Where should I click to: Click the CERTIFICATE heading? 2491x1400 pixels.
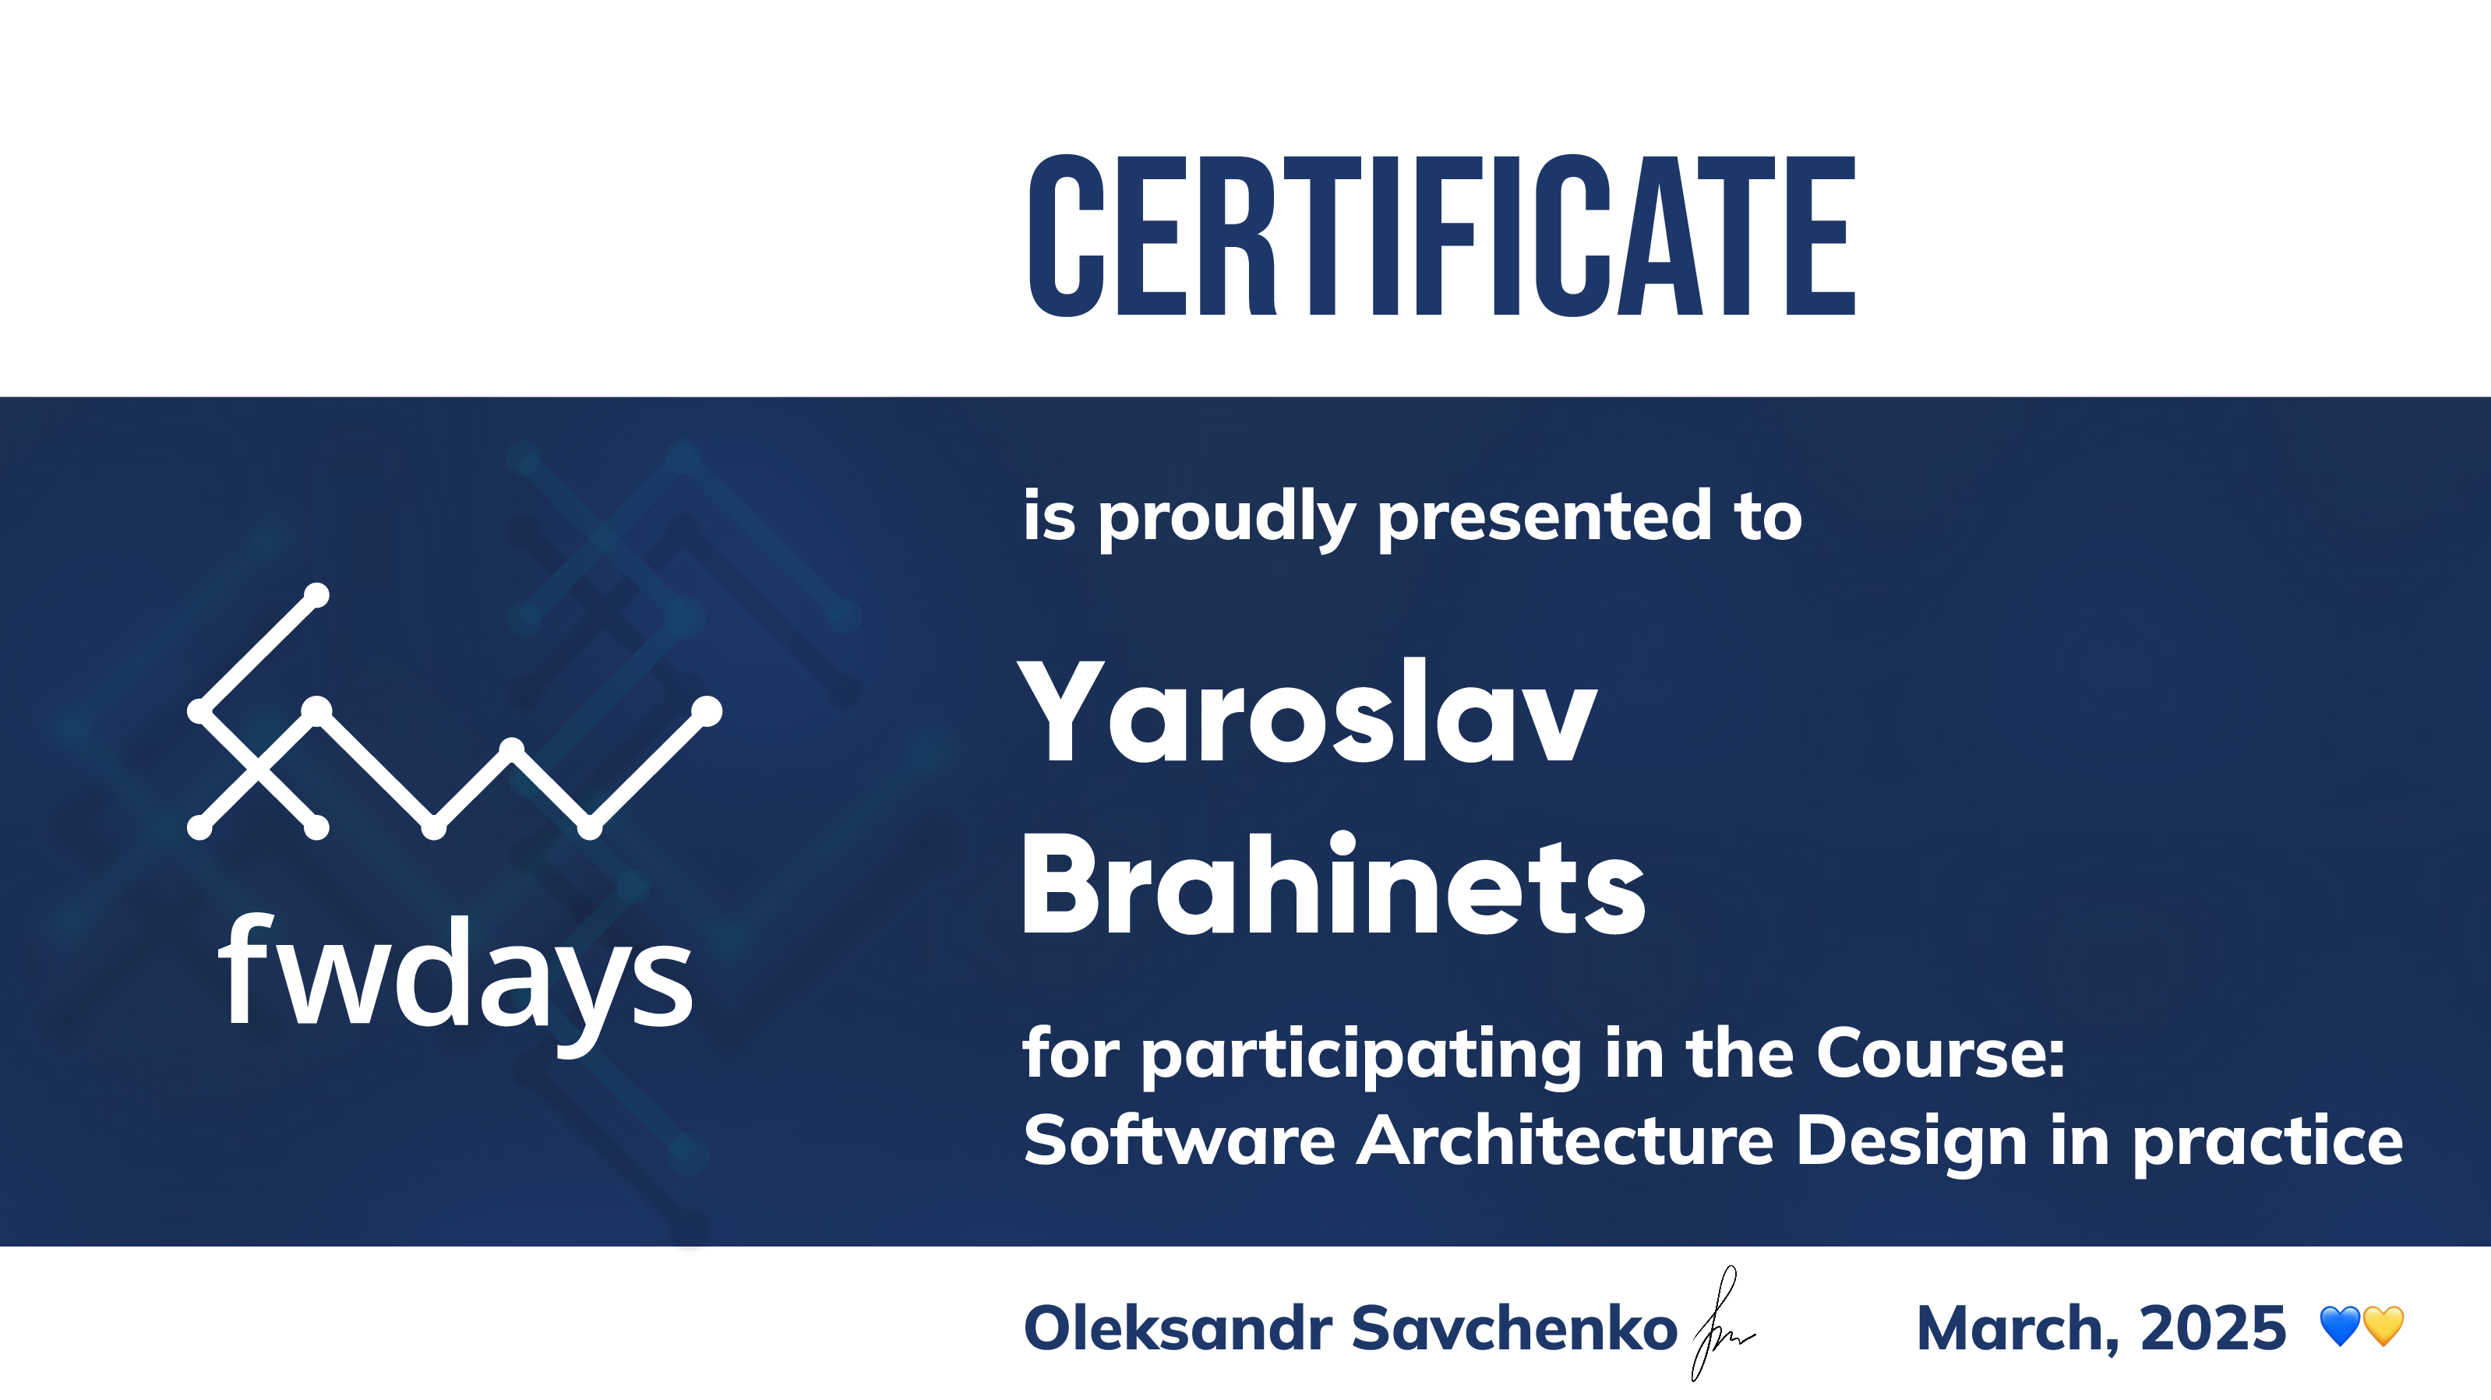[x=1441, y=235]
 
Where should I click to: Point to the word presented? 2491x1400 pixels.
[x=1545, y=517]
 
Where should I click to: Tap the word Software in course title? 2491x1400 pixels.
[x=1180, y=1141]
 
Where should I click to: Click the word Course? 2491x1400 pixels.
[x=1941, y=1053]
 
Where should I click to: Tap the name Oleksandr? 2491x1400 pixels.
[x=1178, y=1328]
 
